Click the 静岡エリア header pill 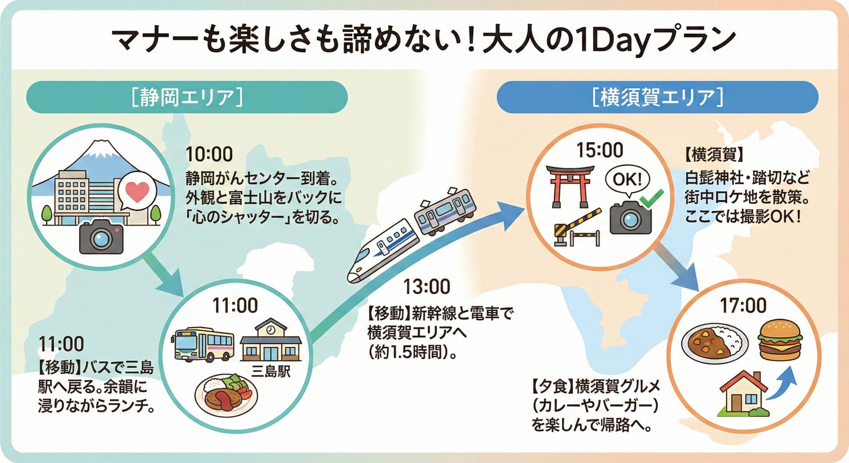[187, 97]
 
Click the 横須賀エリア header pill [657, 97]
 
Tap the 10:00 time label [209, 154]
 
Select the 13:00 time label [427, 287]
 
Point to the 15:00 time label [600, 150]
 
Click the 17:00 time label [743, 305]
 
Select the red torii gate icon [570, 186]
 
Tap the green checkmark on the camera [651, 198]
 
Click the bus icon [203, 345]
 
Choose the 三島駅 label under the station [271, 371]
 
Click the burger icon [779, 340]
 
